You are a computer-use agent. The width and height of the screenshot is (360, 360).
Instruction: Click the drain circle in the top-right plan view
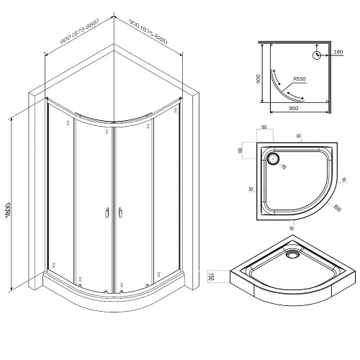(x=316, y=56)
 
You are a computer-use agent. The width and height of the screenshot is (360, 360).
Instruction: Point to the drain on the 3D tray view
(x=292, y=253)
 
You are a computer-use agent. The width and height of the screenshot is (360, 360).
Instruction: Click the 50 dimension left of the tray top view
(x=250, y=189)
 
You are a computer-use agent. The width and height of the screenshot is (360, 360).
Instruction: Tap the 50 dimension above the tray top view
(x=297, y=135)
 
